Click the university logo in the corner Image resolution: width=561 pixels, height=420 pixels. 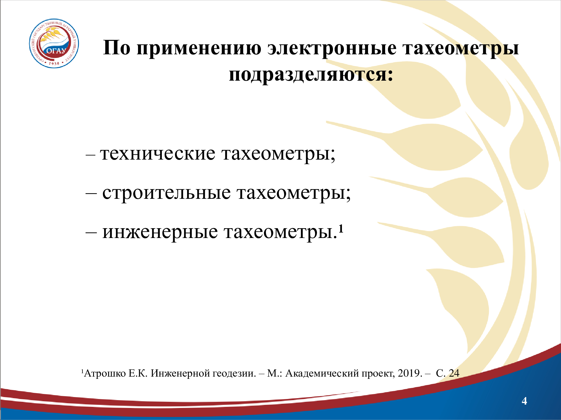click(54, 43)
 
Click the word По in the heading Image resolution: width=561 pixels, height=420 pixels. click(117, 48)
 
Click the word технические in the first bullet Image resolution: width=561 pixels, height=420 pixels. click(158, 154)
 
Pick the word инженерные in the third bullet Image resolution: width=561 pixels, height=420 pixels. click(160, 232)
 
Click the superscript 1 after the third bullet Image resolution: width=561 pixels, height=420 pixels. click(341, 229)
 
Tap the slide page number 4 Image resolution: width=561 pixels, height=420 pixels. click(524, 401)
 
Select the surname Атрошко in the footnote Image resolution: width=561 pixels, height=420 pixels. click(105, 374)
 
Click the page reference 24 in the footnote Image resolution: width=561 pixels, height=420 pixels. click(454, 373)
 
